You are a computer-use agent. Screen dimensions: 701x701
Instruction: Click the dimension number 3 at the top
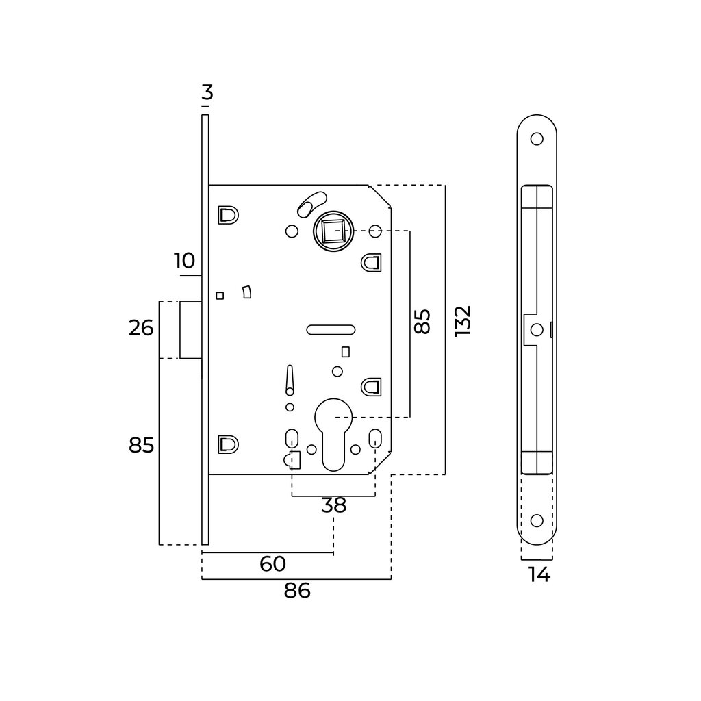point(207,92)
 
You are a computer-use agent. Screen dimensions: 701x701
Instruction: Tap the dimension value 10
point(184,261)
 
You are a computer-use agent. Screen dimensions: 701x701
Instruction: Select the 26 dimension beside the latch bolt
point(141,329)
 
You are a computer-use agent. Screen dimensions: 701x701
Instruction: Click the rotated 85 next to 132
point(422,321)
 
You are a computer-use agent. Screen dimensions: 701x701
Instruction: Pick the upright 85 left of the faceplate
point(141,446)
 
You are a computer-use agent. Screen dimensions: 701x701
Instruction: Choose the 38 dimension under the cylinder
point(333,505)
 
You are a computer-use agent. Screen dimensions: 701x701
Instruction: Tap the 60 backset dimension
point(272,564)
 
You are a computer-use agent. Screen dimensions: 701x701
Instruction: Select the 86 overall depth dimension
point(297,591)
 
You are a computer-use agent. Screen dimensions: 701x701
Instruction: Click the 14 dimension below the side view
point(539,575)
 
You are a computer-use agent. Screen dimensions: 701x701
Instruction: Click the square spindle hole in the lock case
point(333,232)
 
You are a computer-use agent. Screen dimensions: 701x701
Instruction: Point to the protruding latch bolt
point(190,329)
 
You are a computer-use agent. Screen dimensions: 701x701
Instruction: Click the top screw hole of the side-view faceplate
point(537,139)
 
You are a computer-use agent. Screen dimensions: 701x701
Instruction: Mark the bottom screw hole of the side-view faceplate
point(537,520)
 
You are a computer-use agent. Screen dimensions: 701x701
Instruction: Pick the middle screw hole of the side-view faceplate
point(537,329)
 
